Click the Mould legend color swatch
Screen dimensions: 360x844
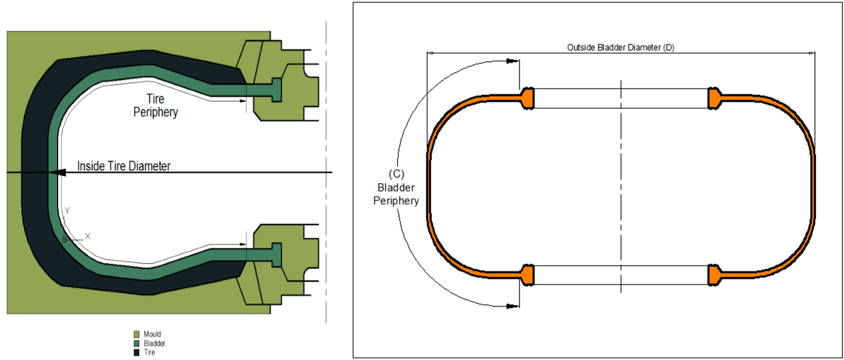click(x=136, y=334)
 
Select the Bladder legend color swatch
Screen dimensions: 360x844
click(x=136, y=344)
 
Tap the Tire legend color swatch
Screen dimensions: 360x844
click(x=136, y=352)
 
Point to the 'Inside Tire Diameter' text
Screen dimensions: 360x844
click(x=124, y=166)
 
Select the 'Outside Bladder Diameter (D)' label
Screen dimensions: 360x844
click(x=620, y=48)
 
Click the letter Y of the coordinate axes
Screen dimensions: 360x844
click(x=67, y=210)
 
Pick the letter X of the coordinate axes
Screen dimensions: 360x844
click(x=87, y=236)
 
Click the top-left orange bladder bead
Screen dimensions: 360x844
click(x=528, y=99)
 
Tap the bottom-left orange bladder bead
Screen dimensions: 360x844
click(x=528, y=275)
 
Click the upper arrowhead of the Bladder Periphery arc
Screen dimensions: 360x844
click(x=513, y=61)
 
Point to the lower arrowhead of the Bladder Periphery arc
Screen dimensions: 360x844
click(x=513, y=305)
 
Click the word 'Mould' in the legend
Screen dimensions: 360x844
click(x=152, y=334)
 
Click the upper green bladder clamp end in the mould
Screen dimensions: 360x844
click(x=276, y=89)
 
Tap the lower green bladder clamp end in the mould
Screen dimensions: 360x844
click(x=276, y=255)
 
